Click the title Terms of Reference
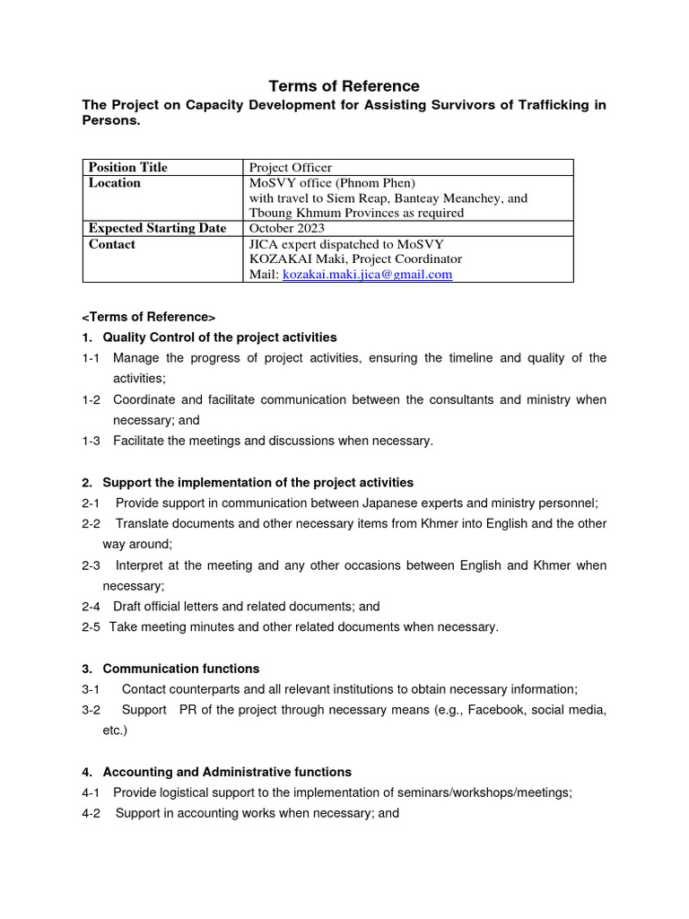[344, 86]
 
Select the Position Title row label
[128, 168]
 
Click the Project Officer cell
[291, 168]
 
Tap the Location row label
[115, 183]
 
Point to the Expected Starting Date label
[157, 229]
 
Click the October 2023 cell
[287, 229]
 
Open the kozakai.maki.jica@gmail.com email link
[367, 275]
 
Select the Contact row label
[112, 244]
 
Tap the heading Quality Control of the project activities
[220, 337]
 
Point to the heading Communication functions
[181, 669]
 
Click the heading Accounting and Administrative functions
[227, 772]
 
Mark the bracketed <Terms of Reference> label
[149, 317]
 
